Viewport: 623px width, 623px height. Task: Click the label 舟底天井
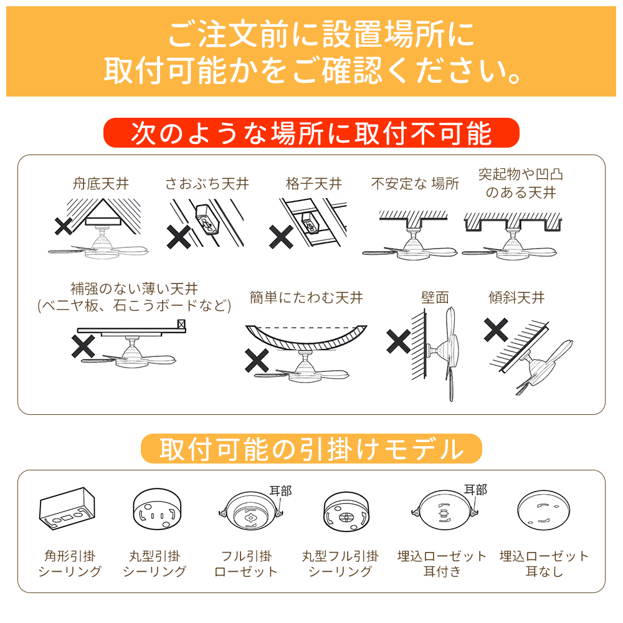tap(101, 184)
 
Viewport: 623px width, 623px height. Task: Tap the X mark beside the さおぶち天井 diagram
tap(179, 237)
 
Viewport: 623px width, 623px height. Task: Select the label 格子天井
tap(314, 184)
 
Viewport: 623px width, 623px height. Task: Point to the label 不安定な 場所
tap(415, 184)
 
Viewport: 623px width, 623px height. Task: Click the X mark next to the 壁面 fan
tap(399, 341)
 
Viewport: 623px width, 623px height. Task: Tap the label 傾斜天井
tap(516, 297)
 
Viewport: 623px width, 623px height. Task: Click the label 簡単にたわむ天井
tap(307, 297)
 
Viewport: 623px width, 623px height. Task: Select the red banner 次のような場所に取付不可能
tap(311, 133)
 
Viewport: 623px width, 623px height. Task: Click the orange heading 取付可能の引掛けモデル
tap(311, 449)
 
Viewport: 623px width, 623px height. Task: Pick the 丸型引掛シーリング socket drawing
tap(157, 508)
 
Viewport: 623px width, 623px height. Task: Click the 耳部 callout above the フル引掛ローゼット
tap(280, 491)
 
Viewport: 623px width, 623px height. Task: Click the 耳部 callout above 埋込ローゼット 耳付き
tap(475, 490)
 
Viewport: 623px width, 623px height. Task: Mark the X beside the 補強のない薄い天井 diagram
tap(83, 346)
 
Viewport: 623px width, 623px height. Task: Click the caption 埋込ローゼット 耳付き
tap(442, 563)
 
